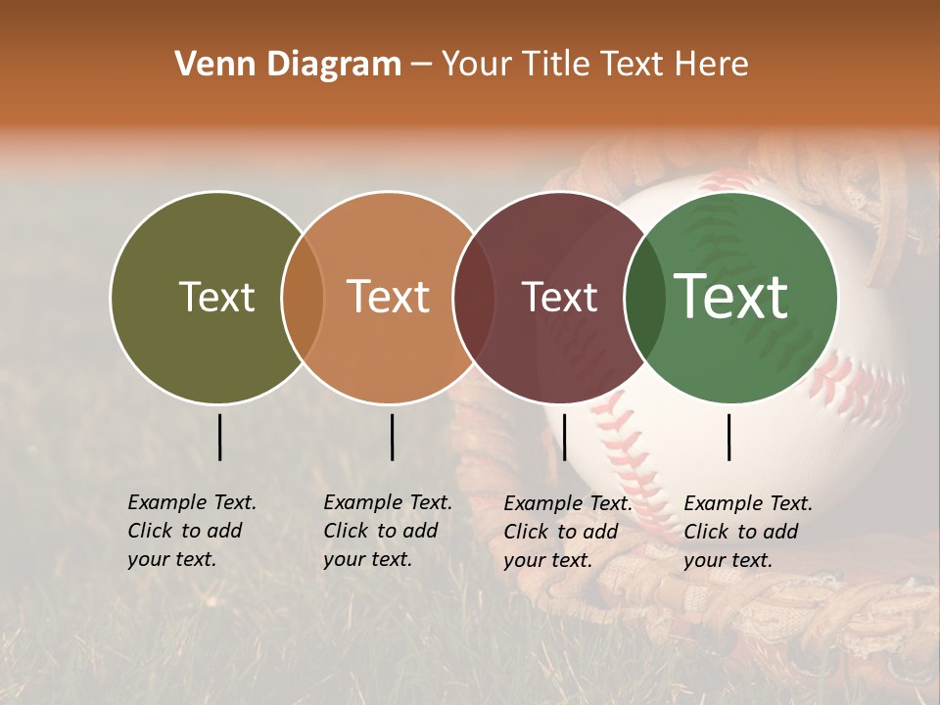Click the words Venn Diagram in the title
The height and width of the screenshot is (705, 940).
coord(288,65)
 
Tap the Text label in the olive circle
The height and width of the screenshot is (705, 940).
coord(216,297)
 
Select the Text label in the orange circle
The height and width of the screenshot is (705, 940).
coord(389,297)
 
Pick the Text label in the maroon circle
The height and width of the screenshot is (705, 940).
coord(559,297)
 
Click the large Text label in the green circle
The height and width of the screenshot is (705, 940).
coord(731,296)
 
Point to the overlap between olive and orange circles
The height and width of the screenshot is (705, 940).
coord(303,298)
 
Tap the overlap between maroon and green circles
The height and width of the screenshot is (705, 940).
coord(644,298)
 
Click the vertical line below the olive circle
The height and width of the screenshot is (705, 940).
coord(220,437)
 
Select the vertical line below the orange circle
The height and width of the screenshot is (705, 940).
coord(392,437)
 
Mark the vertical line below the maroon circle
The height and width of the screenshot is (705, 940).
coord(564,437)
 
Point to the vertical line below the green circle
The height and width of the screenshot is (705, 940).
coord(729,437)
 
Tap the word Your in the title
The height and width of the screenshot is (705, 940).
coord(478,65)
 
